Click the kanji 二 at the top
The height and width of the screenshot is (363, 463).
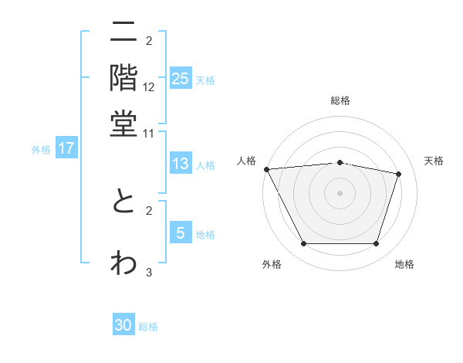pos(123,32)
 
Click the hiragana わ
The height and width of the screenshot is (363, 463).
pos(123,261)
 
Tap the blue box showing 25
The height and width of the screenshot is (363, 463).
pos(181,79)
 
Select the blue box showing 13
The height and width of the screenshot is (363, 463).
pos(181,164)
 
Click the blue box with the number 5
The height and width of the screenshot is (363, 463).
pos(181,233)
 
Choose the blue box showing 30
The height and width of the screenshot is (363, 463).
pos(123,325)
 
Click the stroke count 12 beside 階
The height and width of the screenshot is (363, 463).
pos(149,88)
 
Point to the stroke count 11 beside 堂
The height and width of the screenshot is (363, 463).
pos(149,133)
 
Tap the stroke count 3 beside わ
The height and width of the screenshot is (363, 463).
pos(149,271)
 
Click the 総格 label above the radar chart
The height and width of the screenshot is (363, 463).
pos(340,100)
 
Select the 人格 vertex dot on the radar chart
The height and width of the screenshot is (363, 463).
pos(266,169)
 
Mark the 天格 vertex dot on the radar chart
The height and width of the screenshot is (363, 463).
pos(399,174)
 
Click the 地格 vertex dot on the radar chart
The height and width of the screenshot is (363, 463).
pos(377,244)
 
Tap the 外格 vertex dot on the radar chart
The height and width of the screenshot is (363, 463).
pos(303,244)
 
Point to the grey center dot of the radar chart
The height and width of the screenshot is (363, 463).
pos(340,193)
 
